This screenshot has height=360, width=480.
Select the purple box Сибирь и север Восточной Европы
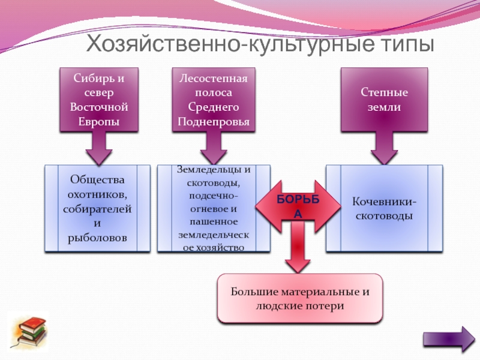(x=99, y=100)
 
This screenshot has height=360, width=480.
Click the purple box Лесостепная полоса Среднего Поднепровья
(x=214, y=100)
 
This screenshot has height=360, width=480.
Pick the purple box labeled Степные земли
(x=384, y=100)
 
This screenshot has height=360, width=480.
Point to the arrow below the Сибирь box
(x=99, y=148)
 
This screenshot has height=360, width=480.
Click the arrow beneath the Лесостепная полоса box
(x=214, y=148)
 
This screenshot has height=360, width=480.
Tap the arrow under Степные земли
(x=384, y=148)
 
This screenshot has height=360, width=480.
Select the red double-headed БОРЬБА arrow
(x=298, y=206)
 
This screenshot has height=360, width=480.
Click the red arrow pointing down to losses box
(x=298, y=247)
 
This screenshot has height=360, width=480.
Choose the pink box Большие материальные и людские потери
(x=300, y=298)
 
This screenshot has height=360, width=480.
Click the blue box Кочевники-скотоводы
(x=384, y=208)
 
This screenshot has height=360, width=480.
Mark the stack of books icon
(x=28, y=332)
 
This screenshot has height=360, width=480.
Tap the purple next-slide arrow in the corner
(x=449, y=339)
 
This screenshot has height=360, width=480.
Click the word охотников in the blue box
(x=97, y=194)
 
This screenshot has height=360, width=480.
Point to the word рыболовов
(x=97, y=238)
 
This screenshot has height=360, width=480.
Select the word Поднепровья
(x=214, y=122)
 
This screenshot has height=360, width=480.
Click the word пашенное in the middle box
(x=214, y=222)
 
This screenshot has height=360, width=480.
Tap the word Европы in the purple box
(x=99, y=122)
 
